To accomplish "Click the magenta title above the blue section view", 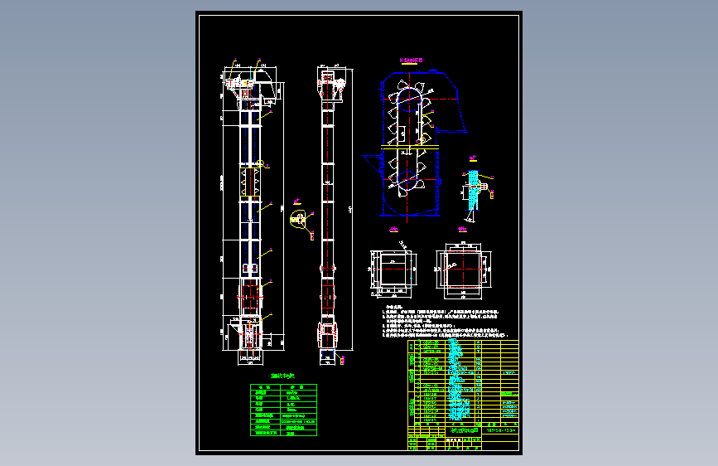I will click(411, 61).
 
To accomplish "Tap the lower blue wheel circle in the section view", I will click(410, 179).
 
